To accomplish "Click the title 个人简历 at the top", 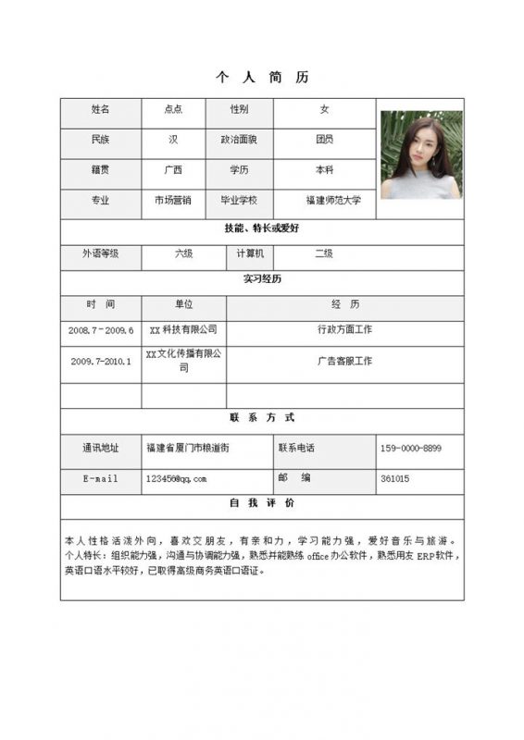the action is [262, 78].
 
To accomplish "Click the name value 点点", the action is [173, 109].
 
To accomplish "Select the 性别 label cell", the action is [240, 109].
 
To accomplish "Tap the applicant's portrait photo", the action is [421, 154].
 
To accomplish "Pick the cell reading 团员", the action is [324, 140].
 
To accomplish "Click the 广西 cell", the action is [173, 170].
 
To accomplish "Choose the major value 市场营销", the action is [173, 200].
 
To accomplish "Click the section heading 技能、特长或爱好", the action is [262, 228].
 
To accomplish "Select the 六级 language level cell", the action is [184, 253].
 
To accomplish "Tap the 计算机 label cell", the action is [250, 253].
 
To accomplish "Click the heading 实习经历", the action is [262, 278].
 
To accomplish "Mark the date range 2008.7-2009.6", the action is [101, 329].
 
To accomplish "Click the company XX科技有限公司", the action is [183, 329].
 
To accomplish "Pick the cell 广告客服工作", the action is [344, 361].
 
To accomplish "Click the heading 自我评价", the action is [262, 503].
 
